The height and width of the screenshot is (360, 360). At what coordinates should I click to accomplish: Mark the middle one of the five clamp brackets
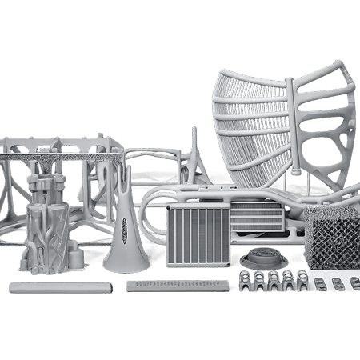[274, 280]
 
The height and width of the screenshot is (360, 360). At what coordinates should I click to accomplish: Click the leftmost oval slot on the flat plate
[321, 284]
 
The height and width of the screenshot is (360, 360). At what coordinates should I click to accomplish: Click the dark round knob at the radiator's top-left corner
[170, 206]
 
